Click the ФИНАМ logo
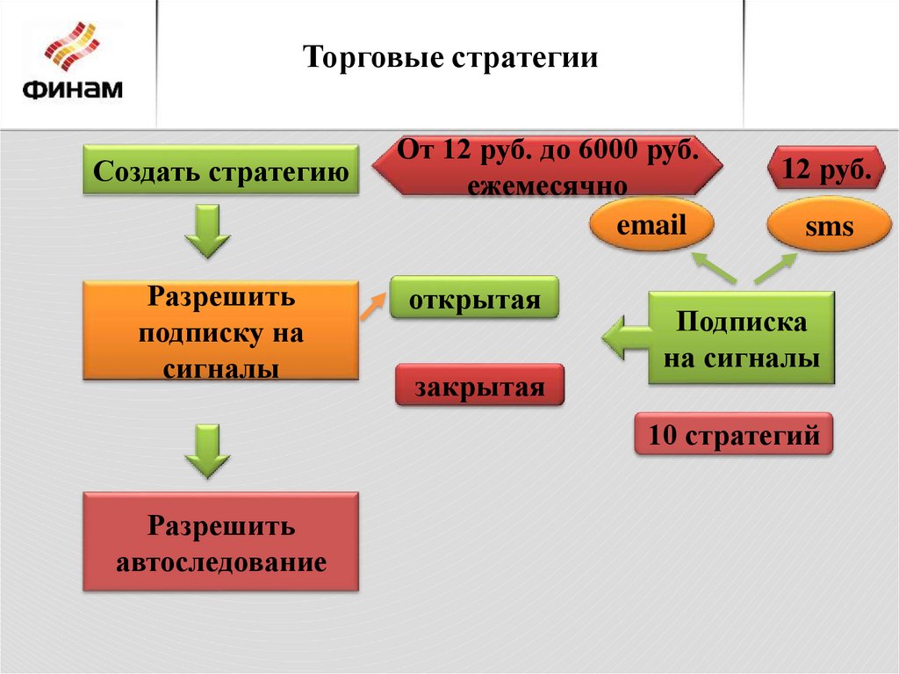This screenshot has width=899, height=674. pyautogui.click(x=73, y=62)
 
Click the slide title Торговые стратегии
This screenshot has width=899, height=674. pyautogui.click(x=450, y=59)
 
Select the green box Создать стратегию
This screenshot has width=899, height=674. pyautogui.click(x=221, y=170)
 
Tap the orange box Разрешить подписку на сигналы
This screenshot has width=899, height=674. pyautogui.click(x=221, y=330)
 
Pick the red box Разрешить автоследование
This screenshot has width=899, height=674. pyautogui.click(x=221, y=541)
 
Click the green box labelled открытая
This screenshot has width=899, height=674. pyautogui.click(x=474, y=299)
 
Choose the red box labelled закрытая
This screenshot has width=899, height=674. pyautogui.click(x=479, y=386)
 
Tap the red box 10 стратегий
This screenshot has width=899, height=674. pyautogui.click(x=733, y=434)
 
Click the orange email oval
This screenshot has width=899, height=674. pyautogui.click(x=651, y=226)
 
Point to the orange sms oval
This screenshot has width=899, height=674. pyautogui.click(x=828, y=228)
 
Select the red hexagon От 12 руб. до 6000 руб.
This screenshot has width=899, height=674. pyautogui.click(x=549, y=165)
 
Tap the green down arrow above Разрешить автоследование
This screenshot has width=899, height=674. pyautogui.click(x=208, y=451)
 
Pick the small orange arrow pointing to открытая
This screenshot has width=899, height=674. pyautogui.click(x=372, y=305)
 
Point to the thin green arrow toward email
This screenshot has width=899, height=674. pyautogui.click(x=712, y=267)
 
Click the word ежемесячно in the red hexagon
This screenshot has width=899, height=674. pyautogui.click(x=548, y=186)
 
